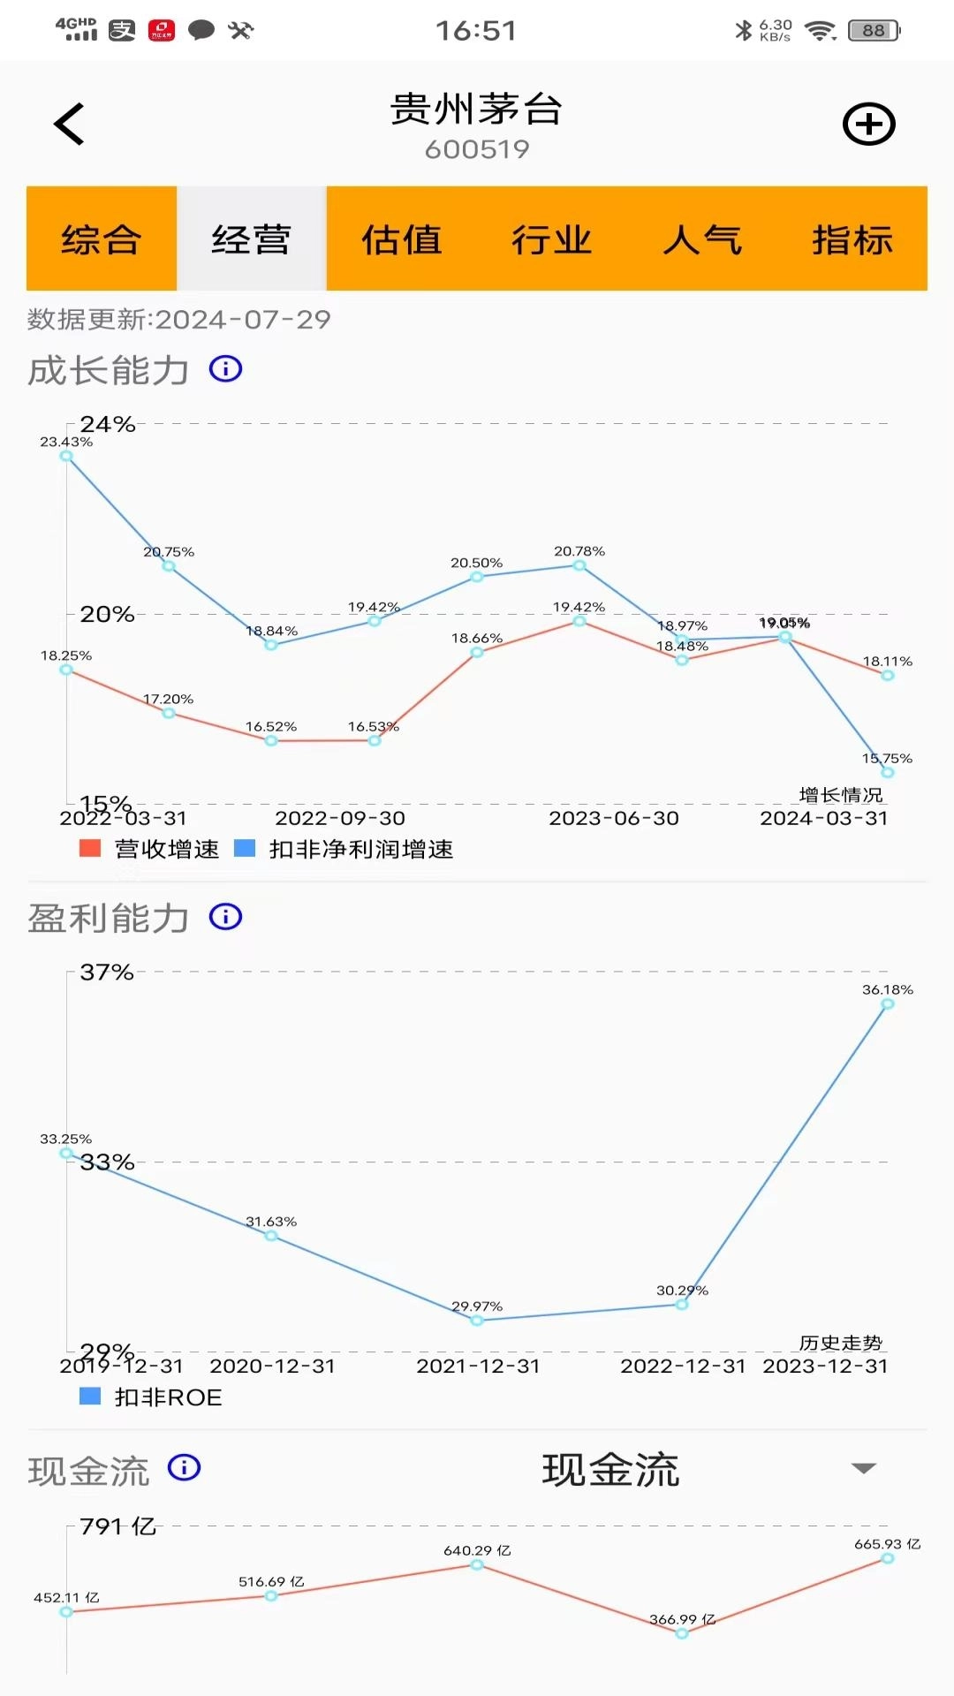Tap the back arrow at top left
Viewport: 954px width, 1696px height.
coord(69,124)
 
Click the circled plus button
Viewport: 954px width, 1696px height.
coord(868,124)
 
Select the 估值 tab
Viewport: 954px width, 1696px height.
coord(402,239)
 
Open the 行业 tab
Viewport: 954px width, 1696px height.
coord(552,239)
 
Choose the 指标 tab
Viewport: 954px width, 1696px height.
coord(852,239)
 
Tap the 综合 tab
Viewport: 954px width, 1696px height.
coord(102,239)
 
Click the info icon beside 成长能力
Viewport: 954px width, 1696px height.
coord(225,369)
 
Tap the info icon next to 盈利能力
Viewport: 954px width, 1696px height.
coord(225,917)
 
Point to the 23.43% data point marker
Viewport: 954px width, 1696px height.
coord(66,456)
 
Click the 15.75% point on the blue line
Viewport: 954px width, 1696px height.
coord(888,772)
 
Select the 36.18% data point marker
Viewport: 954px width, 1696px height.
coord(888,1003)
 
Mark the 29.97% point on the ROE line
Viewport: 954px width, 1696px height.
coord(477,1321)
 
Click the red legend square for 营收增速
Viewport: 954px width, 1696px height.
coord(90,849)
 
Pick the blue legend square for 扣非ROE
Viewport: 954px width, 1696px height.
coord(90,1397)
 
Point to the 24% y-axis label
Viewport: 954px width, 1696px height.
coord(108,424)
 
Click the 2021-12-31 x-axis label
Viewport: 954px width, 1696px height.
coord(478,1366)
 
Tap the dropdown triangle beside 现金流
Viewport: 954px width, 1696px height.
coord(863,1468)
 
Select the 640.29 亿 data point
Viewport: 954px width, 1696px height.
coord(477,1564)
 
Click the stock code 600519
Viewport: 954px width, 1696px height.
coord(477,149)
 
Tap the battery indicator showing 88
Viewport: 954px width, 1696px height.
coord(874,31)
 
